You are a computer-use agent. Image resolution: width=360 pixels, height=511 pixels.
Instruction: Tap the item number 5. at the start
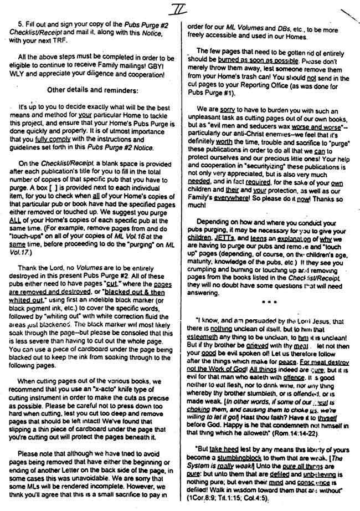pyautogui.click(x=20, y=26)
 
